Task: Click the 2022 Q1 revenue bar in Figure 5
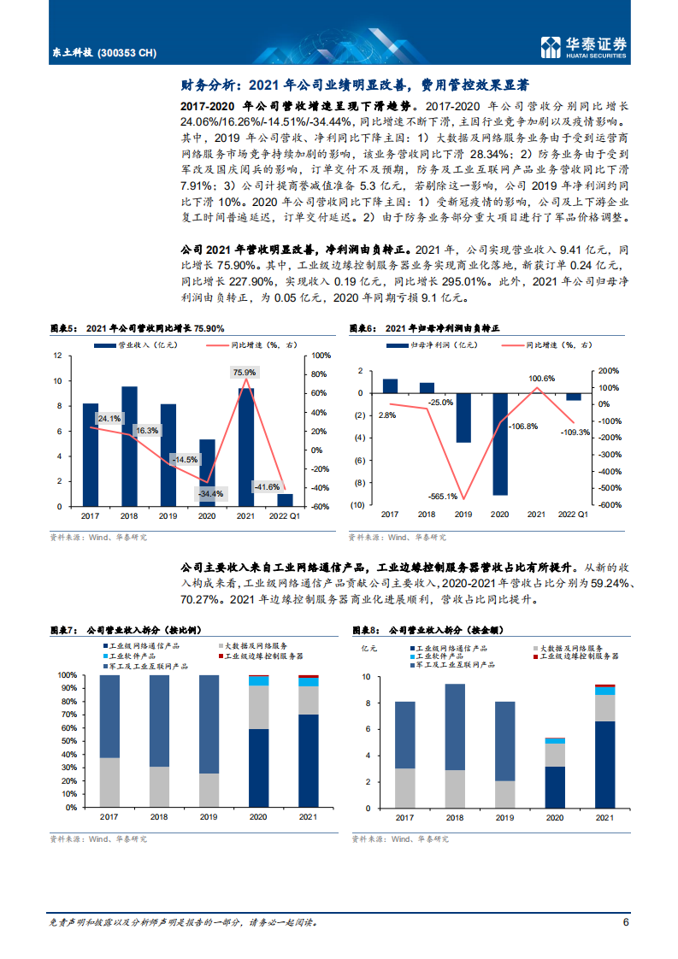(285, 500)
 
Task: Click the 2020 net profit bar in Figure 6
(499, 444)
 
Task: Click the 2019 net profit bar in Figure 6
(463, 418)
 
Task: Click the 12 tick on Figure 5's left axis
(57, 355)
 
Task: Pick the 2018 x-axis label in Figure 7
(159, 819)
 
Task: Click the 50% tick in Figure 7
(68, 741)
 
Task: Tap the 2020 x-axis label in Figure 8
(555, 819)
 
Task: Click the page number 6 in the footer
(626, 922)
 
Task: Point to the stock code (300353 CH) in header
(127, 53)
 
